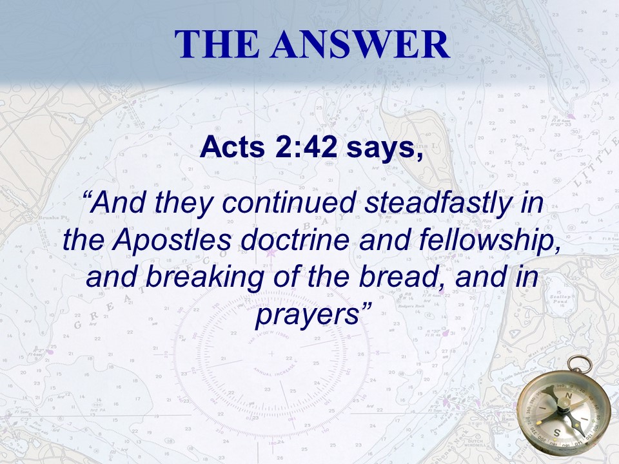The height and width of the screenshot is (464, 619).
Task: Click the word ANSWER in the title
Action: coord(360,44)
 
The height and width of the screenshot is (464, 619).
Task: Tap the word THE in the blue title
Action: coord(217,44)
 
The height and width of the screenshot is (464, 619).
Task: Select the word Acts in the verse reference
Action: coord(232,147)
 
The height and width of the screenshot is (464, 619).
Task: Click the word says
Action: coord(385,148)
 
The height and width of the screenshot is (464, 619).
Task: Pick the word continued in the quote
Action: coord(289,203)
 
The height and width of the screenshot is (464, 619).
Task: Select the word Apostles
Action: coord(172,240)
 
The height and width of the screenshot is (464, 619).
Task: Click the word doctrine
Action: coord(295,240)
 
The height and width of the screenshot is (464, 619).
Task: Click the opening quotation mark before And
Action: coord(87,196)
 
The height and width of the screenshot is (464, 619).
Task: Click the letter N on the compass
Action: coord(569,395)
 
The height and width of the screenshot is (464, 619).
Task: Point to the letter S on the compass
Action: coord(556,433)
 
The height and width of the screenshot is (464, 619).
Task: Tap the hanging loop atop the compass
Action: coord(580,363)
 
